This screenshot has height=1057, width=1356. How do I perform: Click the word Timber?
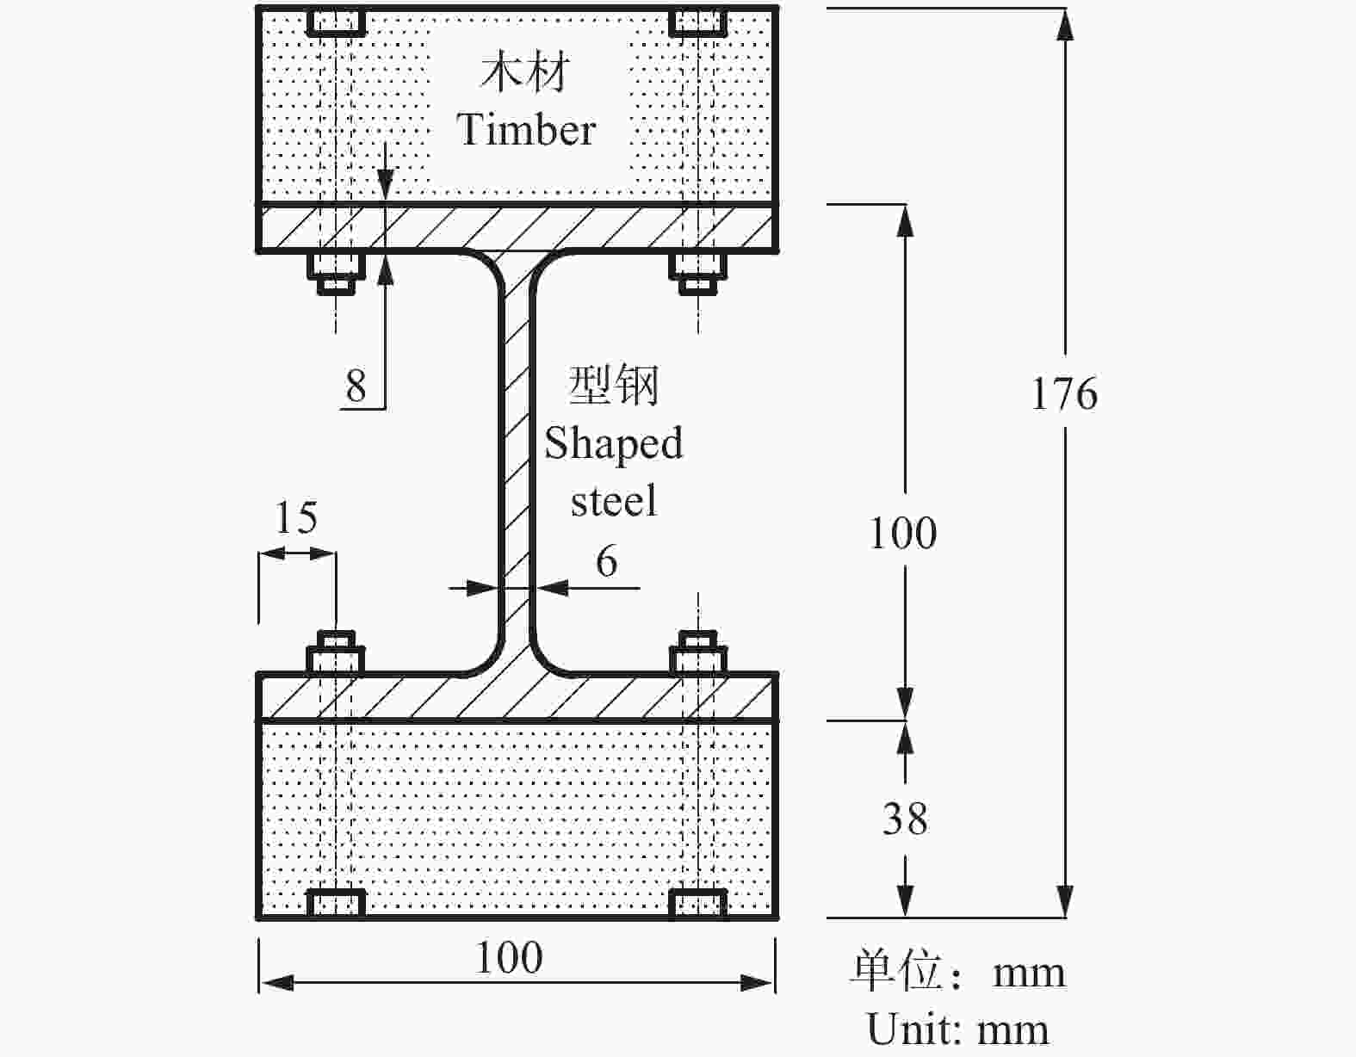tap(526, 130)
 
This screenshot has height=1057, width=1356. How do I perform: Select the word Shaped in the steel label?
tap(613, 444)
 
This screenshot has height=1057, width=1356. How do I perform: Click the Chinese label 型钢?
tap(614, 385)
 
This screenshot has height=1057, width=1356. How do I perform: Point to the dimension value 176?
tap(1064, 394)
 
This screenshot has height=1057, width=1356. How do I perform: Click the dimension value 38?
tap(905, 819)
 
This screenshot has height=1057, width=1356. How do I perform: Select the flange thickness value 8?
tap(356, 386)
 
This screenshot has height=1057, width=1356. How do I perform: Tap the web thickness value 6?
tap(607, 562)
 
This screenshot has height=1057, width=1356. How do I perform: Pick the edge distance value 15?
tap(296, 518)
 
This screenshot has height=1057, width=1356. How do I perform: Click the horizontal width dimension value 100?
tap(509, 958)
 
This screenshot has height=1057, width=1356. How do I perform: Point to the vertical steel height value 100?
tap(902, 534)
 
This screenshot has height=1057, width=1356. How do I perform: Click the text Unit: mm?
tap(957, 1029)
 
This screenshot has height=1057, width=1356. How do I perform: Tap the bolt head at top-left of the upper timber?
tap(337, 22)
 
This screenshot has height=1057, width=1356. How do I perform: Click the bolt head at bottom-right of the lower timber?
tap(698, 903)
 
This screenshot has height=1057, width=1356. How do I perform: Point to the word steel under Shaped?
tap(614, 501)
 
